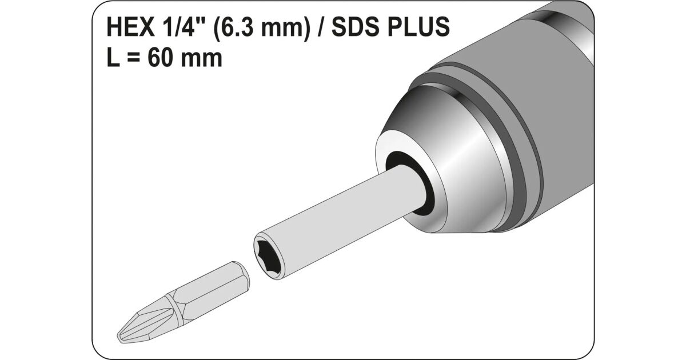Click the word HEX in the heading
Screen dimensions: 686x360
coord(131,27)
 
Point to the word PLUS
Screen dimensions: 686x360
coord(418,27)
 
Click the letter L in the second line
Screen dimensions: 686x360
coord(113,58)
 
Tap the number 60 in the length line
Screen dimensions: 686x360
coord(160,58)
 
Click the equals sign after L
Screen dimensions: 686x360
coord(133,58)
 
